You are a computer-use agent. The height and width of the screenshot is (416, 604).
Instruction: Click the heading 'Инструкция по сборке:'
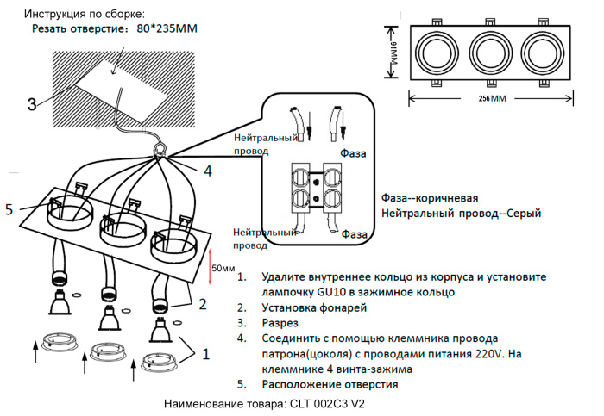pos(84,15)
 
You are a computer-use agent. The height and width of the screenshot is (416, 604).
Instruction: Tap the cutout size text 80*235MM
pos(167,29)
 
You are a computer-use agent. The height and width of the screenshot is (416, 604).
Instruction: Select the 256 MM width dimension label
pos(491,99)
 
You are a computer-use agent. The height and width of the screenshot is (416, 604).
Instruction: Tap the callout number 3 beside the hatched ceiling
pos(31,104)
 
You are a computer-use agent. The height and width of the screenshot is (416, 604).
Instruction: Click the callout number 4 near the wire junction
pos(207,171)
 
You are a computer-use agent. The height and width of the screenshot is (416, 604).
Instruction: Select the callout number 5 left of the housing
pos(9,209)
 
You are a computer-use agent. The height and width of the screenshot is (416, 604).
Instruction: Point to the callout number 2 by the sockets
pos(202,304)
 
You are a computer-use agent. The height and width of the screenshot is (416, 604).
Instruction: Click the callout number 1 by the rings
pos(205,353)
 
